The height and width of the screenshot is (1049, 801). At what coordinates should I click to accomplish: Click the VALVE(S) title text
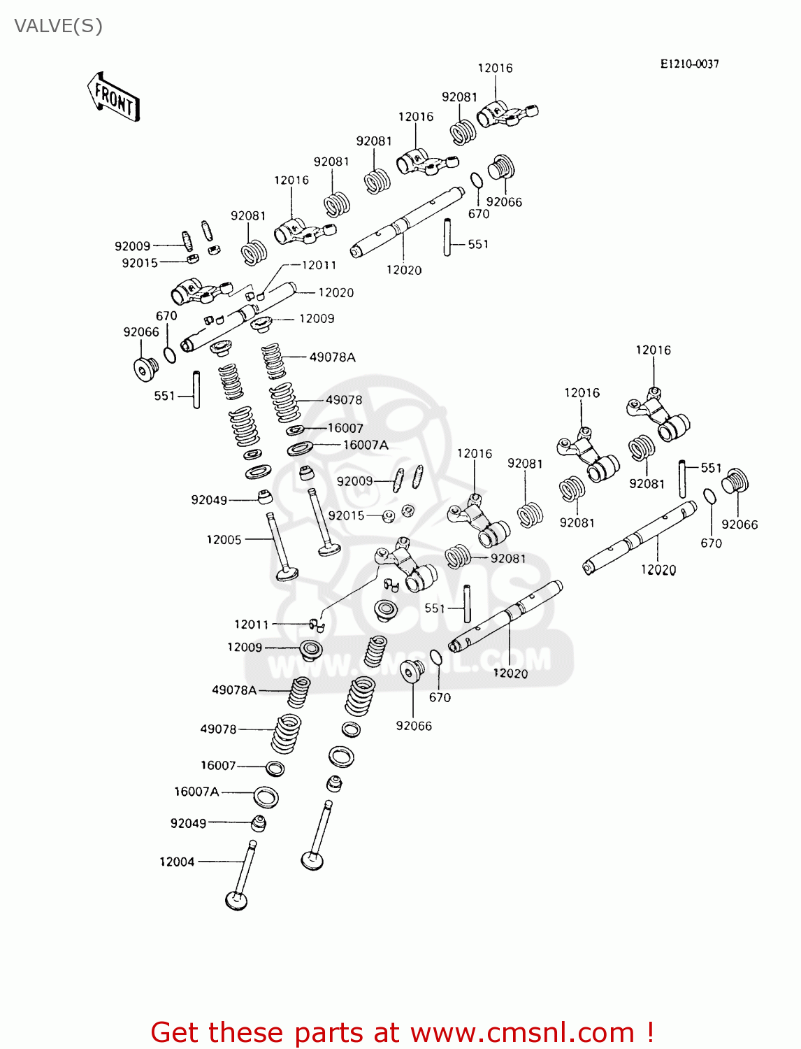[58, 26]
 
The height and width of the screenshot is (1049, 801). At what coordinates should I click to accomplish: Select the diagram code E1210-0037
[689, 64]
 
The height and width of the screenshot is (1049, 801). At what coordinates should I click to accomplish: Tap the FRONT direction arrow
[113, 97]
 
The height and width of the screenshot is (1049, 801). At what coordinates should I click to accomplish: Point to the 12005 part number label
[224, 539]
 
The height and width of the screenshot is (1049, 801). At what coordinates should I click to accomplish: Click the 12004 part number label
[177, 862]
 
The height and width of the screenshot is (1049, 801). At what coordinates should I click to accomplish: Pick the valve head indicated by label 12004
[236, 900]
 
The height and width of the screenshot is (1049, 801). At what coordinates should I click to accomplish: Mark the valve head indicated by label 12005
[287, 574]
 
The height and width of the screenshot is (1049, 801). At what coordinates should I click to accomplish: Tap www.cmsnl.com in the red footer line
[521, 1032]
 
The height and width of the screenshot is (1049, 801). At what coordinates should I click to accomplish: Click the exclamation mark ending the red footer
[649, 1032]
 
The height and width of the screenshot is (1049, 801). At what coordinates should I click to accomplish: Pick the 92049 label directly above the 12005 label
[209, 499]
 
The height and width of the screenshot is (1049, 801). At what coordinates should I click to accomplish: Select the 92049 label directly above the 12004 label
[188, 823]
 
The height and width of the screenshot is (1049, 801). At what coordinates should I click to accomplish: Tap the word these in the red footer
[248, 1032]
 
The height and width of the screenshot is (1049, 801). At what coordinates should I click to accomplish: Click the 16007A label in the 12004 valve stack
[196, 791]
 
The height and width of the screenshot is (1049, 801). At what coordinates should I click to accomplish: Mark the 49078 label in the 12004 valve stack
[218, 729]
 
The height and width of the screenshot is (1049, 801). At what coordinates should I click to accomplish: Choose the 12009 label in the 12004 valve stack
[245, 647]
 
